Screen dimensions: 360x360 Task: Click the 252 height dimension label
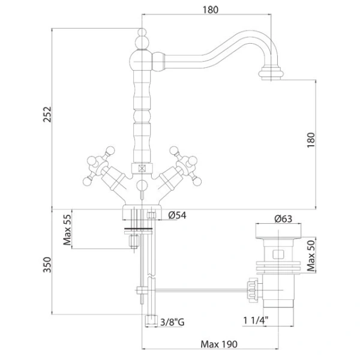click(47, 114)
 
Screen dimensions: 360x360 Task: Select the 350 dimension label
click(47, 265)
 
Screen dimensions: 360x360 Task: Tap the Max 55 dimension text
click(67, 230)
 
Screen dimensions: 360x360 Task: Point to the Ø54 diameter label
click(177, 215)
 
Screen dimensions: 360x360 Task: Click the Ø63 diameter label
click(283, 219)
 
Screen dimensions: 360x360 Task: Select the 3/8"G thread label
click(172, 322)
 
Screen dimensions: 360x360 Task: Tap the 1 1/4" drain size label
click(256, 320)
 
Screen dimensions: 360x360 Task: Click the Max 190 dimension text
click(219, 344)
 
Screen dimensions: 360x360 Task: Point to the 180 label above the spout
click(211, 10)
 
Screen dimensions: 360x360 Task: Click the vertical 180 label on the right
click(311, 140)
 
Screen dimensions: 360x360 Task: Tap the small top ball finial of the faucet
click(142, 32)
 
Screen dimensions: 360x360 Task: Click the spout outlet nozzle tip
click(271, 73)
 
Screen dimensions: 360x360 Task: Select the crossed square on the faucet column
click(142, 169)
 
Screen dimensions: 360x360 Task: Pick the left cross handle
click(101, 167)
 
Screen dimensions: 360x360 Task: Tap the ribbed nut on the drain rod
click(252, 290)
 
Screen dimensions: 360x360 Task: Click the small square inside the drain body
click(278, 254)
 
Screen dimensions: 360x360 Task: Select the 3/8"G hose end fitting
click(151, 321)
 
